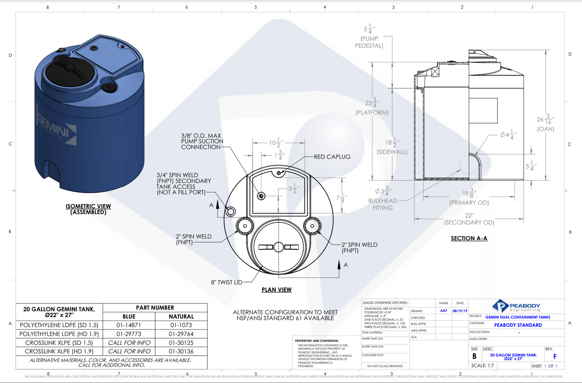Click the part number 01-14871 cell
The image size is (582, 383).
pyautogui.click(x=129, y=325)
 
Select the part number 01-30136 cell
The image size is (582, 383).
pyautogui.click(x=181, y=351)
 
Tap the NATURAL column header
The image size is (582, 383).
pyautogui.click(x=181, y=317)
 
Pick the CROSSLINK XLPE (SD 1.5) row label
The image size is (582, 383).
pyautogui.click(x=59, y=343)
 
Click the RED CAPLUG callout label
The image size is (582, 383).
pyautogui.click(x=332, y=157)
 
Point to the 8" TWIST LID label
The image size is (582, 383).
pyautogui.click(x=226, y=282)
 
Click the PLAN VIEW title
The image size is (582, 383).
pyautogui.click(x=277, y=290)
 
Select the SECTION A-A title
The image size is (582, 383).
pyautogui.click(x=469, y=239)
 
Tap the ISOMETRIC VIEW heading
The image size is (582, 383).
pyautogui.click(x=88, y=206)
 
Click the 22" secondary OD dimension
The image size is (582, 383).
pyautogui.click(x=469, y=219)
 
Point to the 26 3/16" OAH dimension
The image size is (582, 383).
pyautogui.click(x=545, y=123)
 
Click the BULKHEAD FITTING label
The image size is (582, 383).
pyautogui.click(x=383, y=204)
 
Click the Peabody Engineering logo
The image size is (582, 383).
pyautogui.click(x=517, y=306)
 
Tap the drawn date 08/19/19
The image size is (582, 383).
pyautogui.click(x=460, y=311)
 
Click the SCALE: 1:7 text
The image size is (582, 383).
pyautogui.click(x=483, y=365)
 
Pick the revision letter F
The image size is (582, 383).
pyautogui.click(x=555, y=356)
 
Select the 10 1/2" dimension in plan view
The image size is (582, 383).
pyautogui.click(x=276, y=143)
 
